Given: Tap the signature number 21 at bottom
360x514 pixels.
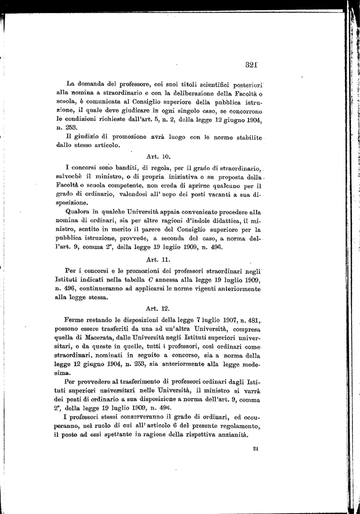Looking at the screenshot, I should (x=256, y=449).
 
